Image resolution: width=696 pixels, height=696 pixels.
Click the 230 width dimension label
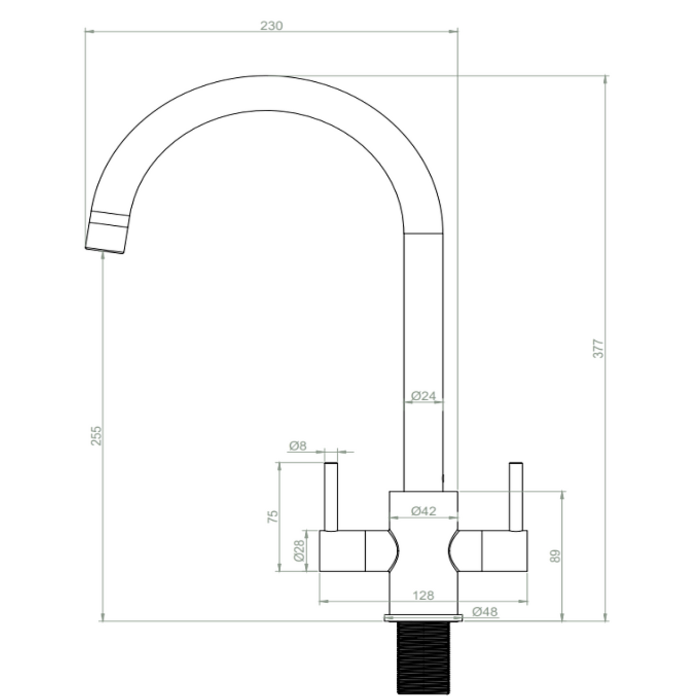[x=272, y=25]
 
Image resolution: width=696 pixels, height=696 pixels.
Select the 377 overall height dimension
[x=598, y=349]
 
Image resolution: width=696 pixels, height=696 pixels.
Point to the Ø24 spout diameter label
[x=424, y=395]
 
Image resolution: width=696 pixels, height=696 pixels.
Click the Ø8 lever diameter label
[x=298, y=445]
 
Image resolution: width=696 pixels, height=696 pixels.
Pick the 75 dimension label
[x=273, y=515]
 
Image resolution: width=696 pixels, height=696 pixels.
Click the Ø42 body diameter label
[x=424, y=511]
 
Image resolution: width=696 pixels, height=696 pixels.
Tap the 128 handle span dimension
[x=423, y=595]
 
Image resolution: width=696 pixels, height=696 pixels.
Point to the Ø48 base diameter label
[x=484, y=612]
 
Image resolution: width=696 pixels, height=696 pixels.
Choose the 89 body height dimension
[x=555, y=556]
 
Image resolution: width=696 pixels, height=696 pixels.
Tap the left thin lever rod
[x=331, y=496]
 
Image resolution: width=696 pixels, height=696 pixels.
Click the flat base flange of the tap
[x=424, y=617]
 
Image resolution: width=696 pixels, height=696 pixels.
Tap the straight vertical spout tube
[x=424, y=344]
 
